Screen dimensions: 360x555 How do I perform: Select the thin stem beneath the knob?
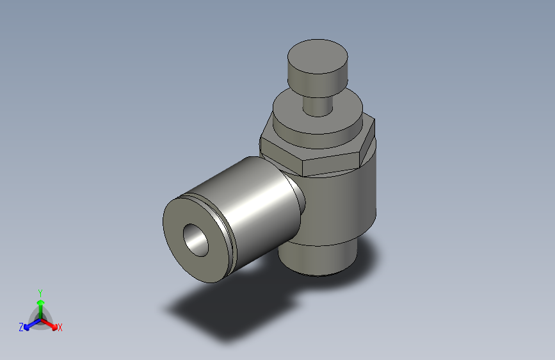coord(317,103)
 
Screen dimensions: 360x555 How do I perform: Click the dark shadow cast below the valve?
coord(211,314)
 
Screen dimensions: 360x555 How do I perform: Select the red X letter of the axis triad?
coord(60,327)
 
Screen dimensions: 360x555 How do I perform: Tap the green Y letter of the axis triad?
coord(40,292)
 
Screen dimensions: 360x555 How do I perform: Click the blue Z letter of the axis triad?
coord(21,327)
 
